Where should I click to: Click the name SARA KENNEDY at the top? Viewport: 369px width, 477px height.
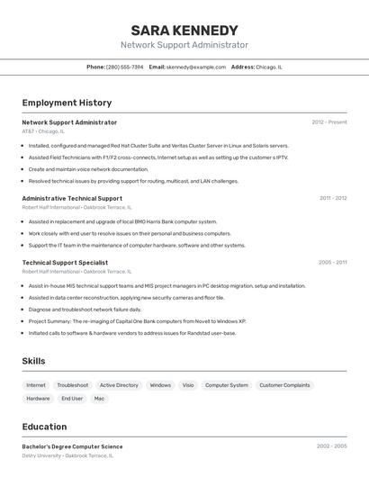(184, 30)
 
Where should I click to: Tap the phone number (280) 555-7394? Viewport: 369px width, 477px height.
(125, 67)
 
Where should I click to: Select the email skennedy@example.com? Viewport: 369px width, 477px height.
(196, 67)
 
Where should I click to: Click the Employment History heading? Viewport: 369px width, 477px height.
(67, 103)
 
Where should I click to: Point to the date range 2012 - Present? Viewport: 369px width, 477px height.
(329, 121)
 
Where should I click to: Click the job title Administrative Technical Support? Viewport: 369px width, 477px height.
(72, 198)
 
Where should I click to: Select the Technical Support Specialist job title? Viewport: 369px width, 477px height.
(65, 263)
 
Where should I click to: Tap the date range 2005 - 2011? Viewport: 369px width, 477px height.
(332, 263)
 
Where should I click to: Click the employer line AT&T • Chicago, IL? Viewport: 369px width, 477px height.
(43, 131)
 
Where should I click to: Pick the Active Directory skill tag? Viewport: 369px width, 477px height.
(119, 385)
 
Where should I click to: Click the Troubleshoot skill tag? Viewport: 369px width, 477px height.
(73, 385)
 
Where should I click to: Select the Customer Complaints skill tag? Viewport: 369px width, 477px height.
(284, 385)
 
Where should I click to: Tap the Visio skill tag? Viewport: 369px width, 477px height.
(188, 385)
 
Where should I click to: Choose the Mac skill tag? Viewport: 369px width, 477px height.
(99, 398)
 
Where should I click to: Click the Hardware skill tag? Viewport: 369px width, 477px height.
(38, 398)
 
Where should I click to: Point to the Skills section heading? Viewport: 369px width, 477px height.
(33, 361)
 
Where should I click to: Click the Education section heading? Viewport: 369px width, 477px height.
(44, 426)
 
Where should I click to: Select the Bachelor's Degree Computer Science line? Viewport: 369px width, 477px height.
(72, 446)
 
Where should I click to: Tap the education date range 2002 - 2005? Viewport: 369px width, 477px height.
(331, 445)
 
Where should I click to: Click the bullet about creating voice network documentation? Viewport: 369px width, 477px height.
(88, 169)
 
